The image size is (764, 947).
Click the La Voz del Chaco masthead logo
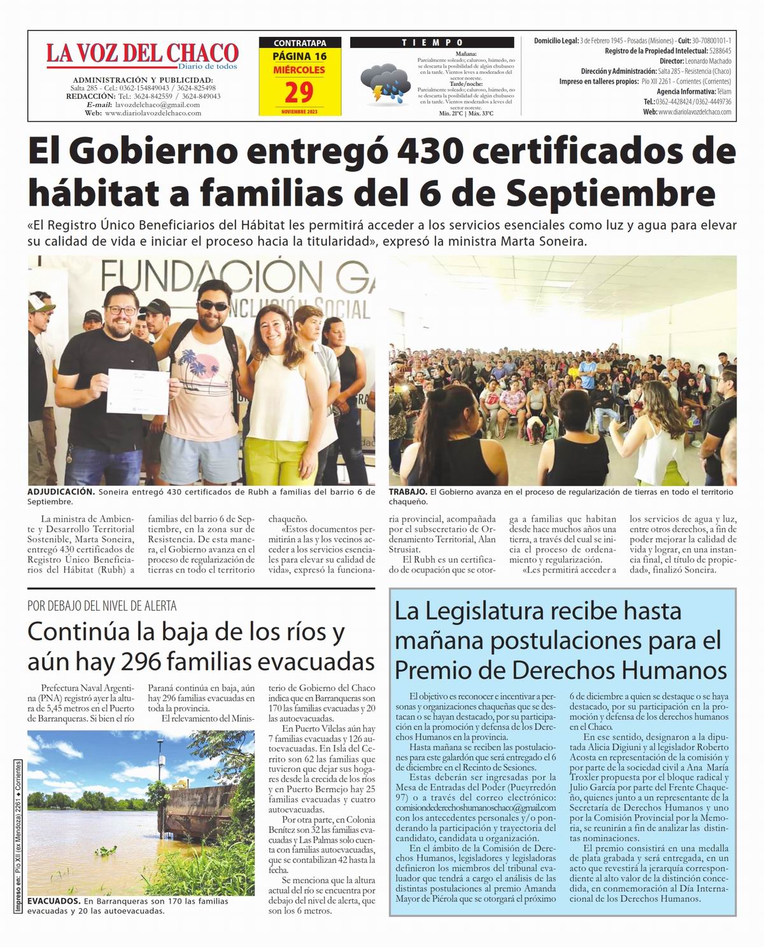(141, 53)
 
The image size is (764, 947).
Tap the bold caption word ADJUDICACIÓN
(61, 492)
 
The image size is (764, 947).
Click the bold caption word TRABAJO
(407, 492)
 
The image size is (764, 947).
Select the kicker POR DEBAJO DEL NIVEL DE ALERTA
(102, 606)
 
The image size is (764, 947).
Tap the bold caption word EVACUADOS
(54, 901)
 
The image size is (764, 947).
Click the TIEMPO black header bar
(432, 43)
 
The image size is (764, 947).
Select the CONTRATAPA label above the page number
(299, 43)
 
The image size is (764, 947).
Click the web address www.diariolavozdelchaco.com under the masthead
(153, 113)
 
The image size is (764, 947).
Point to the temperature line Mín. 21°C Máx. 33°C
(466, 113)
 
